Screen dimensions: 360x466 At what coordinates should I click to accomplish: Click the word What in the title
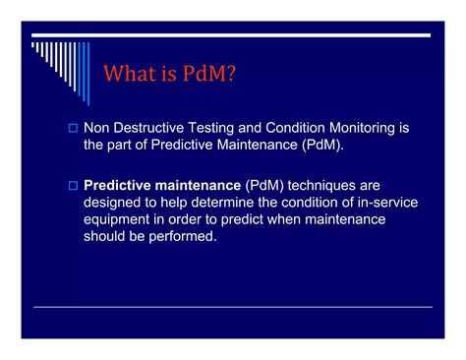tap(132, 74)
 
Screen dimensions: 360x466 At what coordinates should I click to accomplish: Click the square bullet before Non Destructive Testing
tap(72, 128)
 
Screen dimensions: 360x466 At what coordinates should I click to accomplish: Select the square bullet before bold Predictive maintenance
tap(72, 185)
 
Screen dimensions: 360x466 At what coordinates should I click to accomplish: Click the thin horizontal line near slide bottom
tap(233, 307)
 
